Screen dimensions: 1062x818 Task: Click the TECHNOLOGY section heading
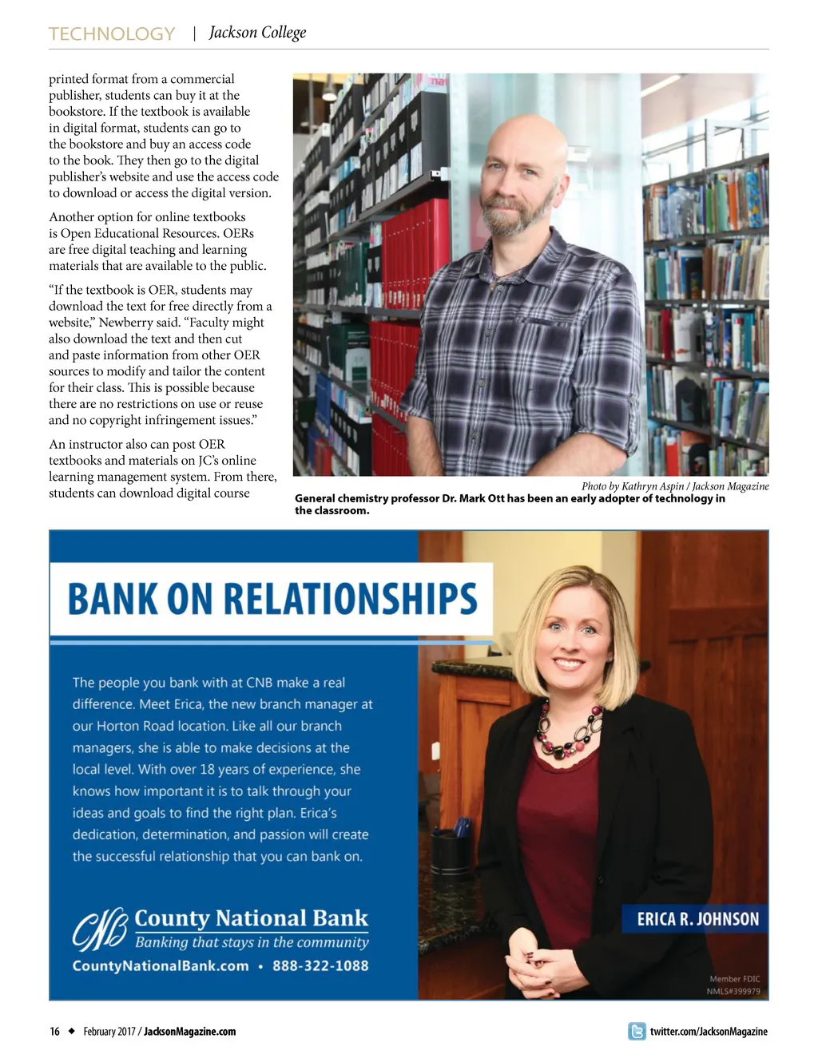(112, 34)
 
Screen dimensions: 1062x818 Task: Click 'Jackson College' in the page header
(257, 33)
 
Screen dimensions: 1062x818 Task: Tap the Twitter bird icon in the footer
(637, 1031)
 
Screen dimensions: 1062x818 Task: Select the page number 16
(54, 1032)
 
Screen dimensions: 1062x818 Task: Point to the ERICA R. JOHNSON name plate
(697, 919)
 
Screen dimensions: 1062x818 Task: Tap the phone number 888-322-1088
(320, 965)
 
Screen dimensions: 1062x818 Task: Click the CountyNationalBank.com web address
(161, 965)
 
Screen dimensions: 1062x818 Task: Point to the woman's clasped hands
(551, 968)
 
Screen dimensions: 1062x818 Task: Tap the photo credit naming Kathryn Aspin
(675, 486)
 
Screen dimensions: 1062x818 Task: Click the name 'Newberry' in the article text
(125, 323)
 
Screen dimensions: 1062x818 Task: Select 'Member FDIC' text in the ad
(735, 979)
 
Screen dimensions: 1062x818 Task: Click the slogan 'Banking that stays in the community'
(252, 942)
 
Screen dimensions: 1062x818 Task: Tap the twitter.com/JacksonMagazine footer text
(709, 1032)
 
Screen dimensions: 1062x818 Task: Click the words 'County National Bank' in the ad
(251, 918)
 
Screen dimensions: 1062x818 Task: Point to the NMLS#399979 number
(733, 992)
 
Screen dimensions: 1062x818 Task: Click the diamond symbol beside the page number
(71, 1031)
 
